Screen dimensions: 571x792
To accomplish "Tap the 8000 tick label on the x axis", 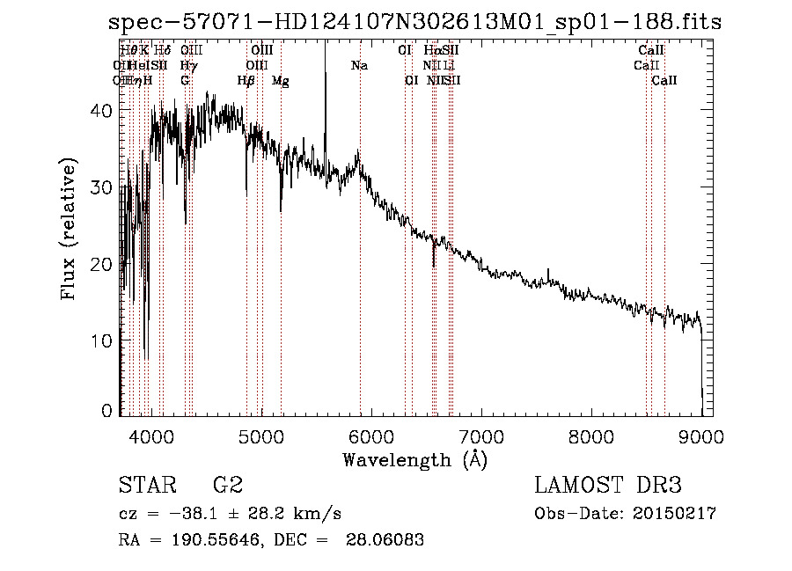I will tap(591, 437).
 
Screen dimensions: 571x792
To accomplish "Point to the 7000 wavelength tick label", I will tap(481, 437).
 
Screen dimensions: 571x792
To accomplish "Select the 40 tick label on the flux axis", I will tap(102, 111).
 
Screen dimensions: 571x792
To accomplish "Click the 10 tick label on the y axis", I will tap(102, 340).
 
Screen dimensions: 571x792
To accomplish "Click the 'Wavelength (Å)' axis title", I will tap(414, 459).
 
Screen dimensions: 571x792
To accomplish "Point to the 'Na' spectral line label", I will tap(359, 66).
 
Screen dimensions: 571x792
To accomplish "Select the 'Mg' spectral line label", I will tap(281, 81).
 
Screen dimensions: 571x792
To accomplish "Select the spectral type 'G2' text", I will tap(228, 486).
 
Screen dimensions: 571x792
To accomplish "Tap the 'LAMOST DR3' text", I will tap(607, 486).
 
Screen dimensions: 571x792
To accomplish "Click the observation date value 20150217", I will tap(678, 513).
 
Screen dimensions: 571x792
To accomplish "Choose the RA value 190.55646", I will tap(210, 540).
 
